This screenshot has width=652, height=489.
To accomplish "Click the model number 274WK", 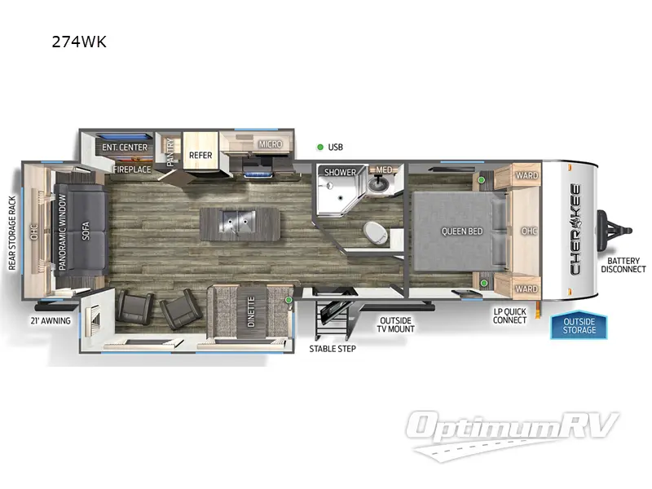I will coord(79,42).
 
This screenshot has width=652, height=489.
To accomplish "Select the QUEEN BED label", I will coord(462,231).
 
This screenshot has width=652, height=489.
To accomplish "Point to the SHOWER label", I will coord(341,173).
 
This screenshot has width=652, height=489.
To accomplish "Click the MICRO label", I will coord(271,144).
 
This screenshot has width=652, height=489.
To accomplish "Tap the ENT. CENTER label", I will coord(125,148).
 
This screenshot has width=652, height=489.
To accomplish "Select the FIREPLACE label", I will coord(132,170).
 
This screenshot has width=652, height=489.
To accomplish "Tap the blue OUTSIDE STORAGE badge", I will coord(579,325).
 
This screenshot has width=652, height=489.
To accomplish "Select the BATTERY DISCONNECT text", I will coord(623,264).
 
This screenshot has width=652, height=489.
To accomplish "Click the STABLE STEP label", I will coord(332,348).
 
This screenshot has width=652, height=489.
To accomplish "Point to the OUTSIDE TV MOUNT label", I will coord(395,324).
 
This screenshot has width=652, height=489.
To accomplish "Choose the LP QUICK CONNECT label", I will coord(509,315).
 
